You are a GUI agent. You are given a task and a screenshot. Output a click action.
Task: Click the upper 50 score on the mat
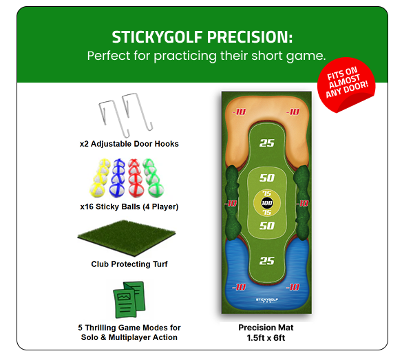[266, 178]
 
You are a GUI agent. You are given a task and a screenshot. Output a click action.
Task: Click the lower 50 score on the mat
[266, 226]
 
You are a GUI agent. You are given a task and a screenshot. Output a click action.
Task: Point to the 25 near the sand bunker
[266, 143]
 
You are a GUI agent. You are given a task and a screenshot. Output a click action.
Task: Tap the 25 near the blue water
[266, 261]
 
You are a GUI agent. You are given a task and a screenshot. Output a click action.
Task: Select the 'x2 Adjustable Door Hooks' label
[129, 145]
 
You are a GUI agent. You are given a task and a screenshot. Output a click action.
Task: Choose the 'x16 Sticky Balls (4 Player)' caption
[129, 207]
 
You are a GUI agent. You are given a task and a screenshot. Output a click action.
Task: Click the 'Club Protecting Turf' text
[129, 264]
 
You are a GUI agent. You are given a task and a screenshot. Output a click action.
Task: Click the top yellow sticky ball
[105, 166]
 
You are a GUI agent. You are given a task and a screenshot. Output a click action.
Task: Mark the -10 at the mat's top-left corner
[238, 111]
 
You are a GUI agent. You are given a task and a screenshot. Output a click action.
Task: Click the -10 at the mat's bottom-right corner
[293, 287]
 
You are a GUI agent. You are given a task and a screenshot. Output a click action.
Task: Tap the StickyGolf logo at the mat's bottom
[266, 300]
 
